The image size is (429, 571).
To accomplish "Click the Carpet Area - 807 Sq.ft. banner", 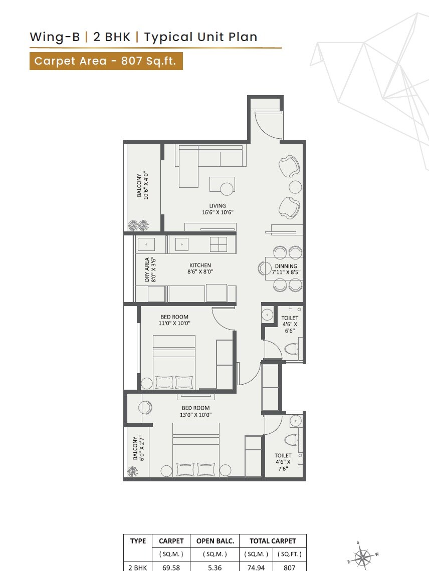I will (x=106, y=61).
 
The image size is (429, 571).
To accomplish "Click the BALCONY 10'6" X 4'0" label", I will (x=142, y=186).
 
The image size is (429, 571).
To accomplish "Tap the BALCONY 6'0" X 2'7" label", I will (x=139, y=448).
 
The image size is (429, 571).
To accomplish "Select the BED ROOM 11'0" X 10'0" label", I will (x=174, y=320).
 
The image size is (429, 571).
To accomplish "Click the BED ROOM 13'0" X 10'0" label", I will (x=195, y=411).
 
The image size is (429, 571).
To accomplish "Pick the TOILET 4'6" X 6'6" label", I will (x=290, y=324).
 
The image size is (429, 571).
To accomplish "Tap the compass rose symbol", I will (x=362, y=556).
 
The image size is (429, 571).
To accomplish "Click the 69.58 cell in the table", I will (x=169, y=567).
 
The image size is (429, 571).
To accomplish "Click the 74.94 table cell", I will (x=256, y=567).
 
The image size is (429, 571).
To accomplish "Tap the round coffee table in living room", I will (x=227, y=189).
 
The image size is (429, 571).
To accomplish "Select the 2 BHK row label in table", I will (x=138, y=567).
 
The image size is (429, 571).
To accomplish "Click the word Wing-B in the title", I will (x=55, y=37).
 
